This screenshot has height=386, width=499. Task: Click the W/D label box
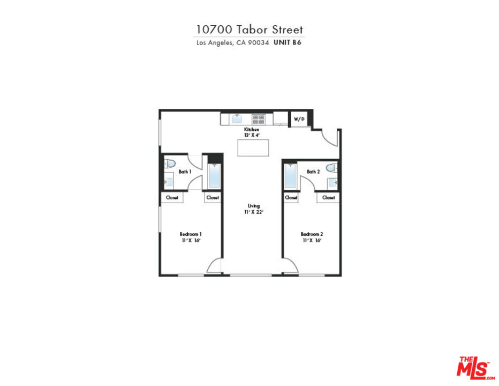click(x=299, y=119)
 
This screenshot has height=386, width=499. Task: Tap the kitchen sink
click(x=237, y=119)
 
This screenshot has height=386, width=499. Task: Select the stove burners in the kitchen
click(x=259, y=120)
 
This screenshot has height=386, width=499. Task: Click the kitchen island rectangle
click(x=253, y=148)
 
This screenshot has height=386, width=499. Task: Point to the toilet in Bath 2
click(x=331, y=168)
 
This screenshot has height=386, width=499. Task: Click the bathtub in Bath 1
click(x=214, y=176)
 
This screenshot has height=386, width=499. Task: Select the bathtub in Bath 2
click(x=290, y=176)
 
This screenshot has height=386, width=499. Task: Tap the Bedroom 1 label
click(x=191, y=234)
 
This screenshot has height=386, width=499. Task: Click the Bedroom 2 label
click(x=312, y=234)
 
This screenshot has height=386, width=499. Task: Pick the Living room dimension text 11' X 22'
click(x=254, y=212)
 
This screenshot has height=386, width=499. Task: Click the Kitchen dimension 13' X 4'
click(x=252, y=135)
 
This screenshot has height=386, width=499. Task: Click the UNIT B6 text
click(x=288, y=42)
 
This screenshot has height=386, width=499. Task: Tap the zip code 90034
click(x=259, y=42)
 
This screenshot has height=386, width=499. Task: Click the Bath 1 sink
click(x=169, y=182)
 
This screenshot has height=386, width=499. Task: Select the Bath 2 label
click(x=313, y=172)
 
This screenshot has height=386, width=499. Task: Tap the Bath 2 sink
click(x=333, y=183)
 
